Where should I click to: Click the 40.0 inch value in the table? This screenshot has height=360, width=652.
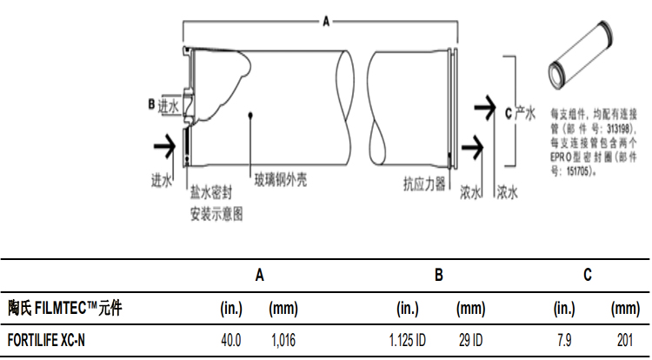click(232, 341)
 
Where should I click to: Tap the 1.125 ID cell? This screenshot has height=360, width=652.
click(407, 341)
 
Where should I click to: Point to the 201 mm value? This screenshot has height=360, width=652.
click(624, 341)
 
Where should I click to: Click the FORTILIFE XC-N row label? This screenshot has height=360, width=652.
click(47, 341)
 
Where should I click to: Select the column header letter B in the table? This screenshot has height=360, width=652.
click(439, 276)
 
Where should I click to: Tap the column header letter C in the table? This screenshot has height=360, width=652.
click(589, 276)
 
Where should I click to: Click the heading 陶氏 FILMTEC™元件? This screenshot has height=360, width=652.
click(65, 308)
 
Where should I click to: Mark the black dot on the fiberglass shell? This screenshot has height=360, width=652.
click(250, 114)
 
